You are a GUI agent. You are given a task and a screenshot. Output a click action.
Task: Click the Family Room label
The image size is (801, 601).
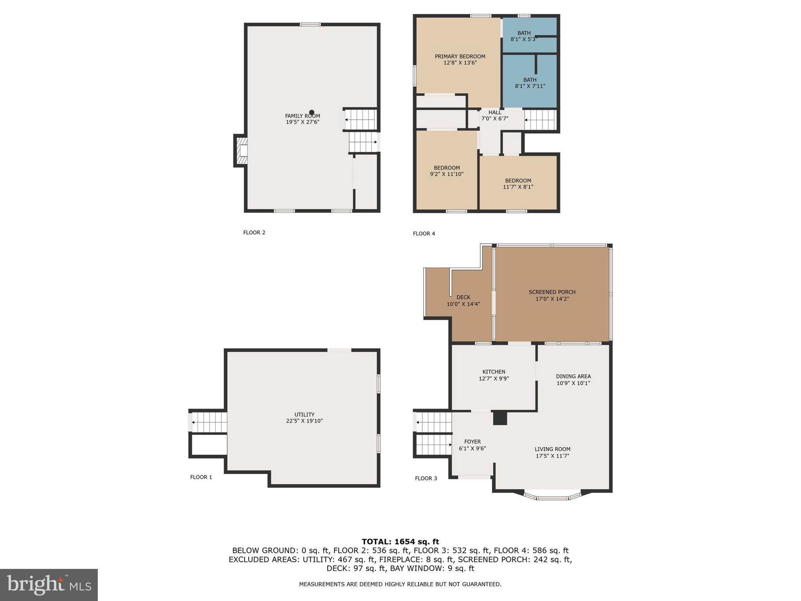coord(302,116)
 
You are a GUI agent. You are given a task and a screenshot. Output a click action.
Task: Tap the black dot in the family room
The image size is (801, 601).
coord(312,112)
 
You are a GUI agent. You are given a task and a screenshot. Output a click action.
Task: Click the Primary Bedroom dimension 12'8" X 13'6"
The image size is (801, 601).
coord(460,63)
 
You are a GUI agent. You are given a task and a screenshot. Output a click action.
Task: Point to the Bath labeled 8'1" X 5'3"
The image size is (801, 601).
coord(524,36)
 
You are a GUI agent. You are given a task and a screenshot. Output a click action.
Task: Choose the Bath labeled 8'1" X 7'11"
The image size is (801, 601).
coord(530,83)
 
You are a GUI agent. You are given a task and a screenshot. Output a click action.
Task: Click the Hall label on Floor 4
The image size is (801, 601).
coord(494,112)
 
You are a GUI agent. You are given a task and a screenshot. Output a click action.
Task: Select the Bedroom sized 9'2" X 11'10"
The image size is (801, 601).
coord(446,171)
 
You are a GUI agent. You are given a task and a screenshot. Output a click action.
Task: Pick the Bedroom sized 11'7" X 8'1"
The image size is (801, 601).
coord(518,184)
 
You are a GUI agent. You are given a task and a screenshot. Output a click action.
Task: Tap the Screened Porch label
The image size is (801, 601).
coord(552,292)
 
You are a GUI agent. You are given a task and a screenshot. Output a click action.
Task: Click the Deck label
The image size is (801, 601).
coord(463,297)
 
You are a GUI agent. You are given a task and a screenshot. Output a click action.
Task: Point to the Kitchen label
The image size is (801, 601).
coord(494,372)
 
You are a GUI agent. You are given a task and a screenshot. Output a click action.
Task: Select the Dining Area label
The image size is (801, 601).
coord(573,376)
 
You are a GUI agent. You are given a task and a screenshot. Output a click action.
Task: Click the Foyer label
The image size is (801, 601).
coord(472,442)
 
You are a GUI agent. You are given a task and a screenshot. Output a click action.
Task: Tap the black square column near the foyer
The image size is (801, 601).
coord(500,418)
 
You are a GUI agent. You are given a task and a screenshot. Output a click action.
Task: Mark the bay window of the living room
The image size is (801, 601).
coord(552,497)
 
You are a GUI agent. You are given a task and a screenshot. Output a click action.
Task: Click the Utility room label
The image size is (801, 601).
coord(304,415)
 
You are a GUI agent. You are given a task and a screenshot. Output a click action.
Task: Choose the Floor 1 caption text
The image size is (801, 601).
coord(201,477)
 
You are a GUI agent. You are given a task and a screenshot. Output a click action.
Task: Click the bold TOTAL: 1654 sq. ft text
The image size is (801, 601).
coord(400,542)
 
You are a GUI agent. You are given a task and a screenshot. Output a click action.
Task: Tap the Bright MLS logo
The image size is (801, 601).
coord(49,585)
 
